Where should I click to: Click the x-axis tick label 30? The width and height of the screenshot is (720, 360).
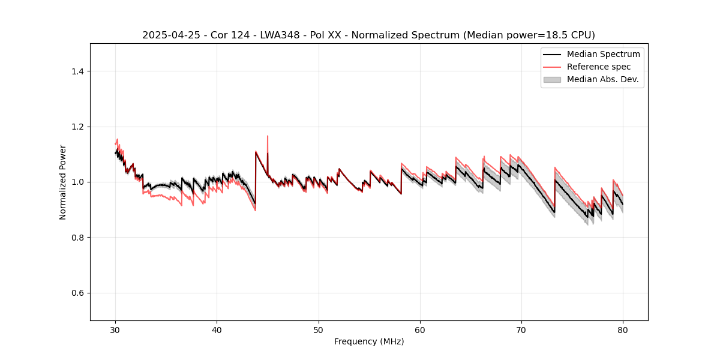pos(116,329)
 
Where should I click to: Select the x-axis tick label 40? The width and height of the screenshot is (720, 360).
pos(217,329)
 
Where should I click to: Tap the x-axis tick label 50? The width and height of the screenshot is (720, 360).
pos(319,329)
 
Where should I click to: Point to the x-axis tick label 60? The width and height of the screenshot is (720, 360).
pos(420,329)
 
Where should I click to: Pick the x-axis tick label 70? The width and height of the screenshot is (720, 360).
pos(521,329)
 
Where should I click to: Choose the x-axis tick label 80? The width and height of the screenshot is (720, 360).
pos(623,329)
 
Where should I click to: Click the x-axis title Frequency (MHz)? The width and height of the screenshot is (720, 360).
pos(369,341)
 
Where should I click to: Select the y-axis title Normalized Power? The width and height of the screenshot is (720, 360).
pos(63,182)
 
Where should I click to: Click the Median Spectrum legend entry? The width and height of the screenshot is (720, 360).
pos(603,54)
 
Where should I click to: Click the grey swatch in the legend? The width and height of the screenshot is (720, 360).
pos(552,79)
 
